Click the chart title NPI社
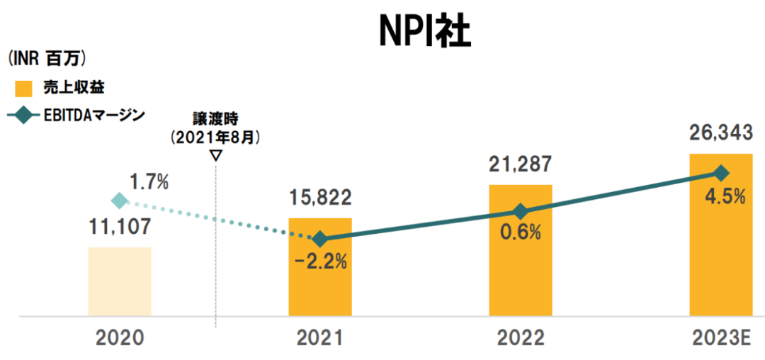tap(424, 30)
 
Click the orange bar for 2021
tap(319, 283)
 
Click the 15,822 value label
tap(319, 198)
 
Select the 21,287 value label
tap(520, 165)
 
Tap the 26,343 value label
tap(720, 133)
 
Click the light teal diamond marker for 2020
tap(120, 202)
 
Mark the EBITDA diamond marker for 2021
tap(319, 239)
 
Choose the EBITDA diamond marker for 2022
tap(520, 211)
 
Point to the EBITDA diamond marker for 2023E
tap(720, 173)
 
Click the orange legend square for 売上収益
tap(24, 89)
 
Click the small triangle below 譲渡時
tap(216, 154)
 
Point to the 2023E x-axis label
tap(720, 339)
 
